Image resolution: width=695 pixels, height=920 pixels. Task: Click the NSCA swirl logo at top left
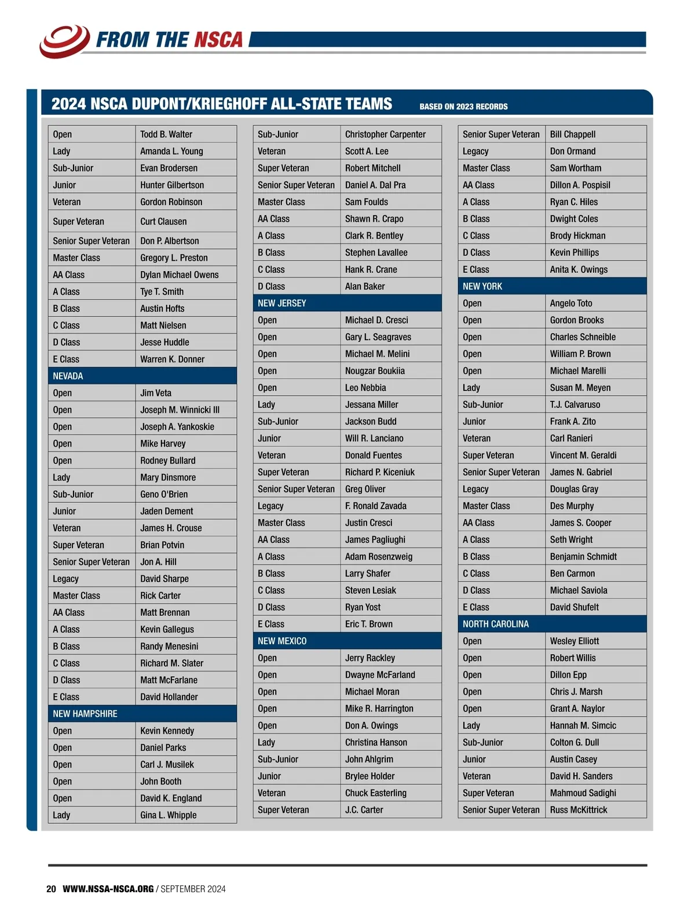point(64,41)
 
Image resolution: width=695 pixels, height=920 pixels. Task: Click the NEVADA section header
point(68,376)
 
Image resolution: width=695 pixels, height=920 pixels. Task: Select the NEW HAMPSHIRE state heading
point(85,714)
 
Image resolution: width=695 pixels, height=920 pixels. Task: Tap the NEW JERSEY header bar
point(282,303)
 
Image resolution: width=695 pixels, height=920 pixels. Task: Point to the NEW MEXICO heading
point(282,641)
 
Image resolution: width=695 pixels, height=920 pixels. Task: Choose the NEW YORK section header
point(482,286)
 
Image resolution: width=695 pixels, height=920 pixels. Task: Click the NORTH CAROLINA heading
point(496,624)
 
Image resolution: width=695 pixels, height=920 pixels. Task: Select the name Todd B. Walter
point(166,134)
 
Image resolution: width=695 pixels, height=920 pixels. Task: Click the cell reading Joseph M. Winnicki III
point(180,410)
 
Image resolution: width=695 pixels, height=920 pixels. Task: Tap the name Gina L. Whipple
point(168,815)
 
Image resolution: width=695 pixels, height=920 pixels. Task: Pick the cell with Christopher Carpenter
point(385,134)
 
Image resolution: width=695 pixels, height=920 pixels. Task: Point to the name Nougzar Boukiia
point(375,371)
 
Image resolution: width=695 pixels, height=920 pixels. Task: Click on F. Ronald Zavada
point(376,506)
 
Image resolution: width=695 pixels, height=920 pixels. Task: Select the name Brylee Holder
point(370,776)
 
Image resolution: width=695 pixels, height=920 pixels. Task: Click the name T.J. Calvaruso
point(575,404)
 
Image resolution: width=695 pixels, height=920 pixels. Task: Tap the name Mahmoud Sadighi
point(583,793)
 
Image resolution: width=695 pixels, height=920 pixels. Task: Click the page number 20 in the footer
point(51,889)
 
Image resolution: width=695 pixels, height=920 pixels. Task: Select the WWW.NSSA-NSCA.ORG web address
point(108,889)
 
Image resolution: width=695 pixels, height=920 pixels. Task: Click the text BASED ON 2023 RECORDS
point(463,107)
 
